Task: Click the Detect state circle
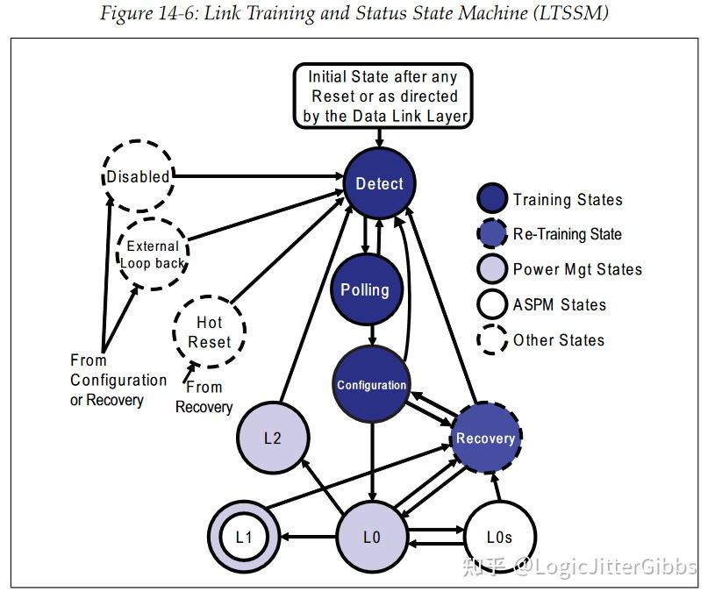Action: coord(379,183)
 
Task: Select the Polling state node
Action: coord(365,289)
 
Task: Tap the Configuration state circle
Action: coord(372,384)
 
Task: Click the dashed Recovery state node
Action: coord(485,438)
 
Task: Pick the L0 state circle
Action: coord(371,537)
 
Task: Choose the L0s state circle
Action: coord(499,537)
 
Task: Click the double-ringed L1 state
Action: coord(244,537)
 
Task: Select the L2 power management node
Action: coord(273,438)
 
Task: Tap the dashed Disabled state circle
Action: coord(138,176)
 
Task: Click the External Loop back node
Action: coord(153,254)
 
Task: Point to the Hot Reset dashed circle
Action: coord(209,332)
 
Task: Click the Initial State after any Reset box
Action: coord(382,96)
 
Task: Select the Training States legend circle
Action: coord(493,199)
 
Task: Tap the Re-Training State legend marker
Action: coord(493,234)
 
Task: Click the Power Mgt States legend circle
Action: coord(493,269)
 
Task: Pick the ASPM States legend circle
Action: coord(493,304)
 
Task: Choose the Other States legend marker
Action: coord(493,339)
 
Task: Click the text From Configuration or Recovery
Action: coord(118,380)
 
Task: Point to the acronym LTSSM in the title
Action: coord(574,14)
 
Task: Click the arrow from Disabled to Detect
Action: coord(254,177)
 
